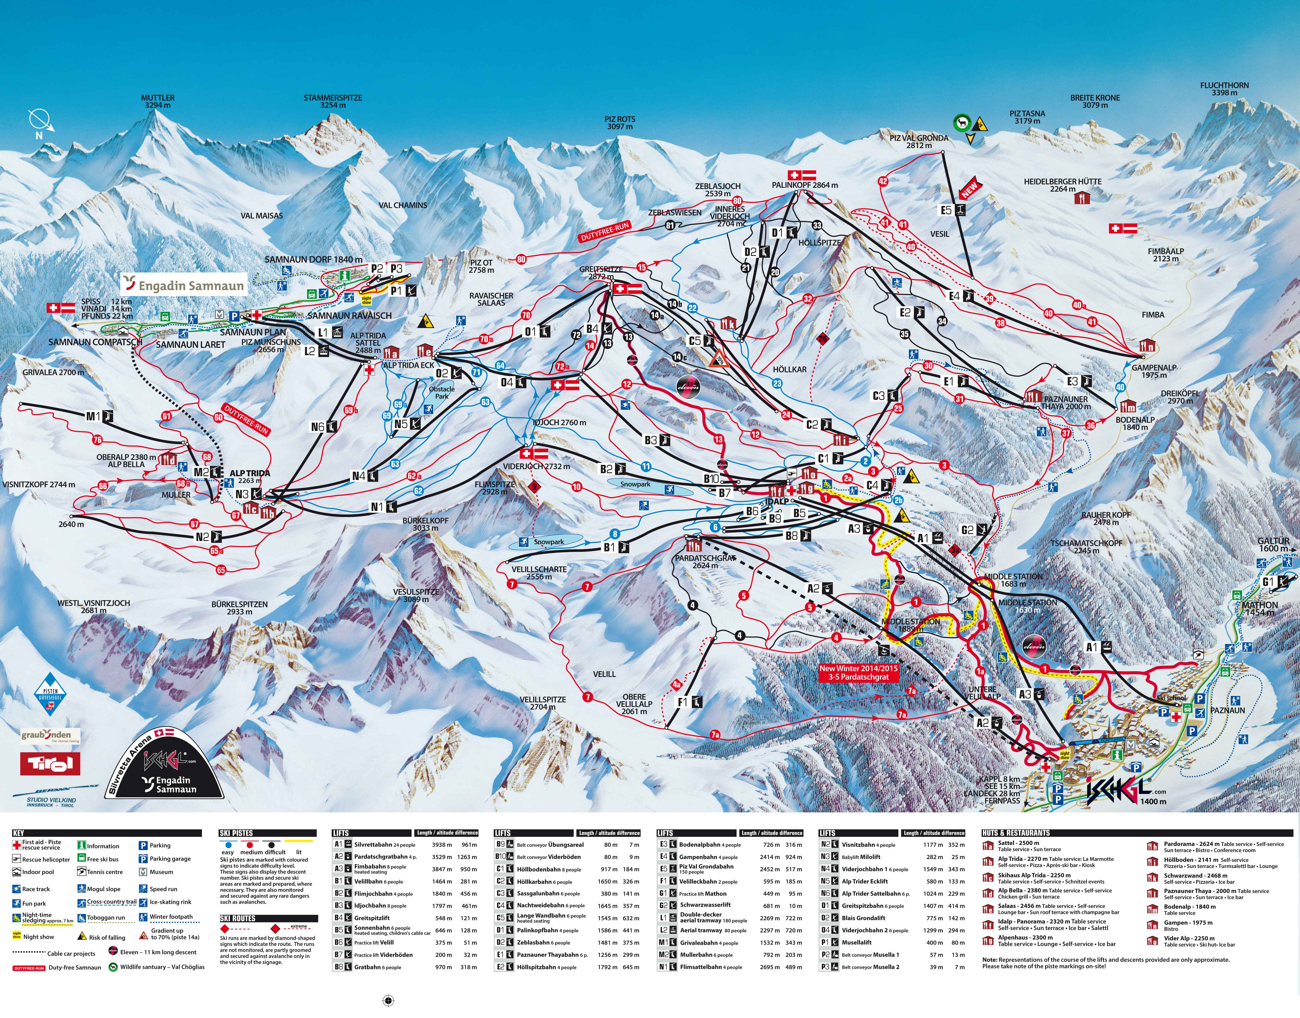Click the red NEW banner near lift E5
[x=969, y=188]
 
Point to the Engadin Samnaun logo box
[x=185, y=285]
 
